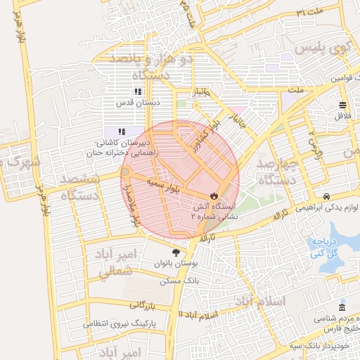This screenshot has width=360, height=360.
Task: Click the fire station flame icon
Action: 214,195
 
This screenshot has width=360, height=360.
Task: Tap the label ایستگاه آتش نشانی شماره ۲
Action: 217,212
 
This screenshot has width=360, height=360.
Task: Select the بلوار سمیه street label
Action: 164,186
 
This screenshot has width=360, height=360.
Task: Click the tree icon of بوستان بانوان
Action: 175,252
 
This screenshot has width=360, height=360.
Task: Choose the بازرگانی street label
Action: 145,305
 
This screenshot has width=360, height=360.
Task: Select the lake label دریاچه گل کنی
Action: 326,247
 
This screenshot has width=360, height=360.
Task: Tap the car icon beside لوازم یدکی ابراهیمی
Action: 327,195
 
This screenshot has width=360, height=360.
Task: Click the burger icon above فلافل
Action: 342,105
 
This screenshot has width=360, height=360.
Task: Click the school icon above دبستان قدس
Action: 138,91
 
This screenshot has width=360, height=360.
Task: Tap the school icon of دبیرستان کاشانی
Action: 121,131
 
